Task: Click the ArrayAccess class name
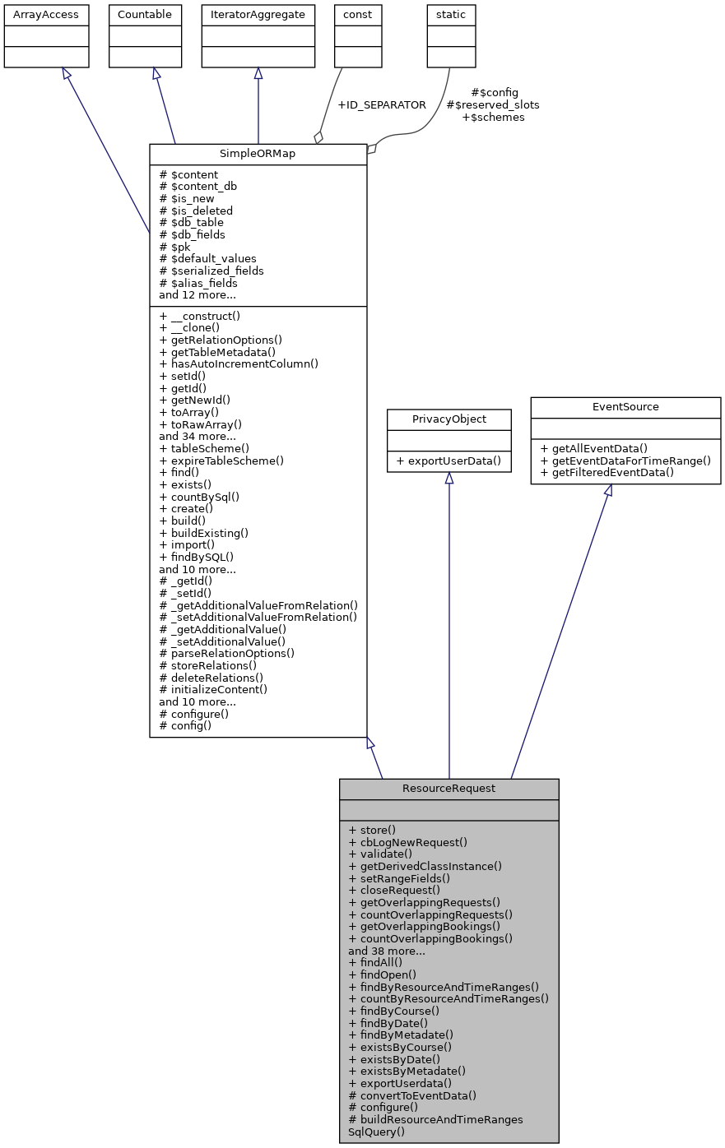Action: (x=46, y=15)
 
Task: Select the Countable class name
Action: (x=145, y=15)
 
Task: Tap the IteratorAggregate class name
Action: (x=258, y=15)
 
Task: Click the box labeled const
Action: (x=358, y=15)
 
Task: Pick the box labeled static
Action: (x=451, y=15)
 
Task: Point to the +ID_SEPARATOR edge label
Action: (x=382, y=105)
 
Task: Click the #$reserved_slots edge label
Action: (x=492, y=105)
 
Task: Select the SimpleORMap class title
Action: (x=258, y=155)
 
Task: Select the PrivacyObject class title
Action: (x=449, y=419)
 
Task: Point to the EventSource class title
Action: (x=625, y=407)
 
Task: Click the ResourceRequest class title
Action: (x=448, y=789)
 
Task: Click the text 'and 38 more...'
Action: (x=387, y=951)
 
